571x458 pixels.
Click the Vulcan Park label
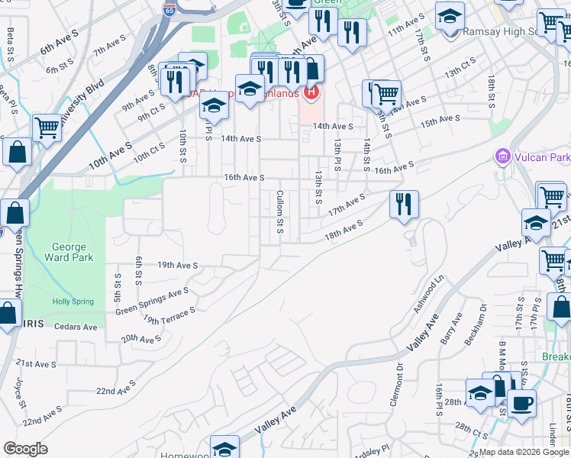point(541,158)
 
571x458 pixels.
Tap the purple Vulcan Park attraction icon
point(502,157)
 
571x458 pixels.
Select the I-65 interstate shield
point(169,10)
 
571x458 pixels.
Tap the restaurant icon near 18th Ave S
point(404,204)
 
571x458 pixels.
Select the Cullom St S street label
point(280,212)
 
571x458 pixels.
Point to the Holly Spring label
point(73,302)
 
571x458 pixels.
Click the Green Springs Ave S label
point(152,298)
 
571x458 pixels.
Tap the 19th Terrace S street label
point(169,314)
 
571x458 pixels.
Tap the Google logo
point(25,449)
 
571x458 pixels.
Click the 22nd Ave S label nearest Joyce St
point(42,417)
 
